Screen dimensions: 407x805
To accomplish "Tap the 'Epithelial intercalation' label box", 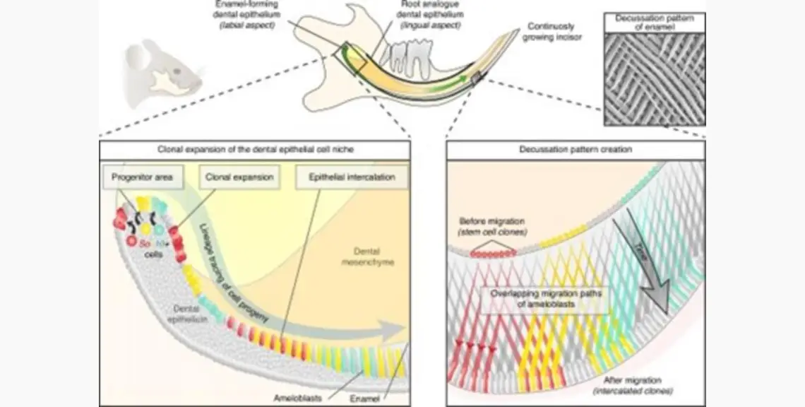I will [x=352, y=175].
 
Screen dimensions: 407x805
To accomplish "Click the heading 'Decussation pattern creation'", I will [x=576, y=150].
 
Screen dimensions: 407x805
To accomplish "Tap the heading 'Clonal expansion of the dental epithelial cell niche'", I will [x=254, y=150].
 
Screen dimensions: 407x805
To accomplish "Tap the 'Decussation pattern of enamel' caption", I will [x=654, y=23].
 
